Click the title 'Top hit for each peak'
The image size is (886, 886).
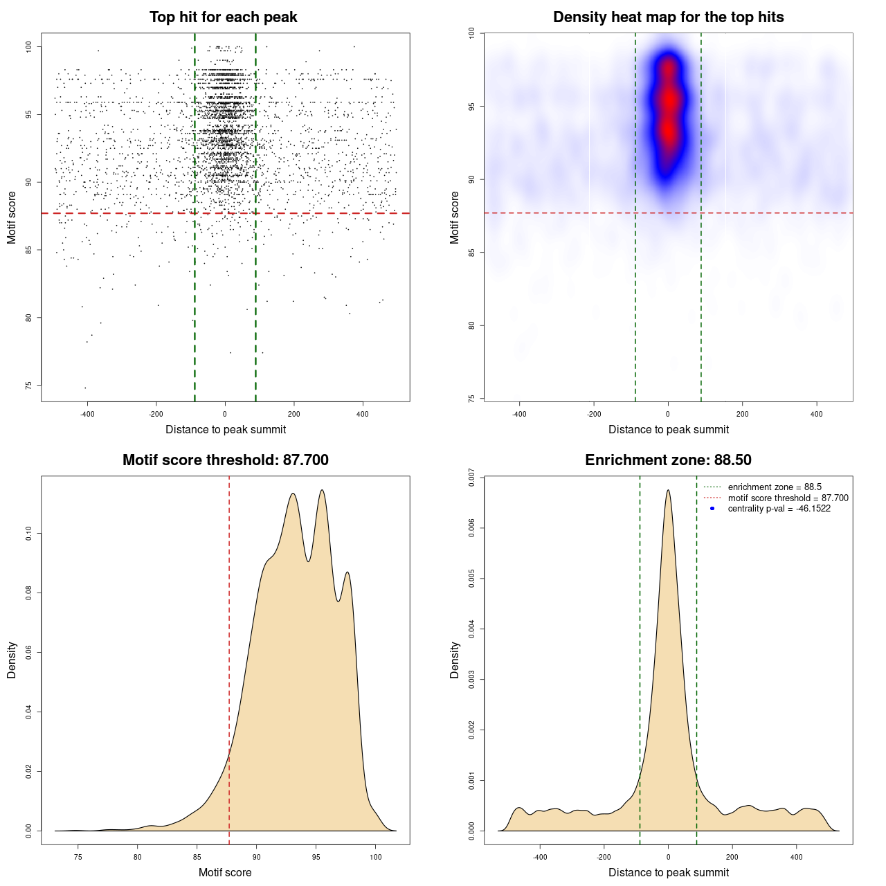(x=224, y=17)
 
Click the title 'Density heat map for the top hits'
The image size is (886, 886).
(x=668, y=17)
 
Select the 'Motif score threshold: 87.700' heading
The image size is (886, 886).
(x=225, y=460)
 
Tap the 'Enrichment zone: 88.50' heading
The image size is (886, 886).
(x=668, y=460)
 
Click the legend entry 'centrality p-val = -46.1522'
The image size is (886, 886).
(x=779, y=509)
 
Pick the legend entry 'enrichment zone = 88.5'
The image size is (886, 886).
(x=775, y=487)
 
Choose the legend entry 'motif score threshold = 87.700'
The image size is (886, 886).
(x=788, y=498)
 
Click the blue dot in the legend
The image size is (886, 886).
(x=712, y=509)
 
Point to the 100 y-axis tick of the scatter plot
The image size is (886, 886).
(x=29, y=46)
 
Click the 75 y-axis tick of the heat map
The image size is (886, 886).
(x=471, y=399)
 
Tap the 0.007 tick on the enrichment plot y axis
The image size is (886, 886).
(x=471, y=478)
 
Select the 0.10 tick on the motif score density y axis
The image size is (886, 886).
(x=29, y=534)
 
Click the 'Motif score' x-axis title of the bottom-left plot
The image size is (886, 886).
(x=225, y=873)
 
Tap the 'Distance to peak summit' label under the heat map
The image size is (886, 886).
(x=668, y=430)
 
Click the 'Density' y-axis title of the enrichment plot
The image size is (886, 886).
(x=455, y=660)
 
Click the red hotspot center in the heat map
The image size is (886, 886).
(x=668, y=100)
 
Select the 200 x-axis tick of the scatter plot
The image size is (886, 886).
(x=293, y=414)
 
